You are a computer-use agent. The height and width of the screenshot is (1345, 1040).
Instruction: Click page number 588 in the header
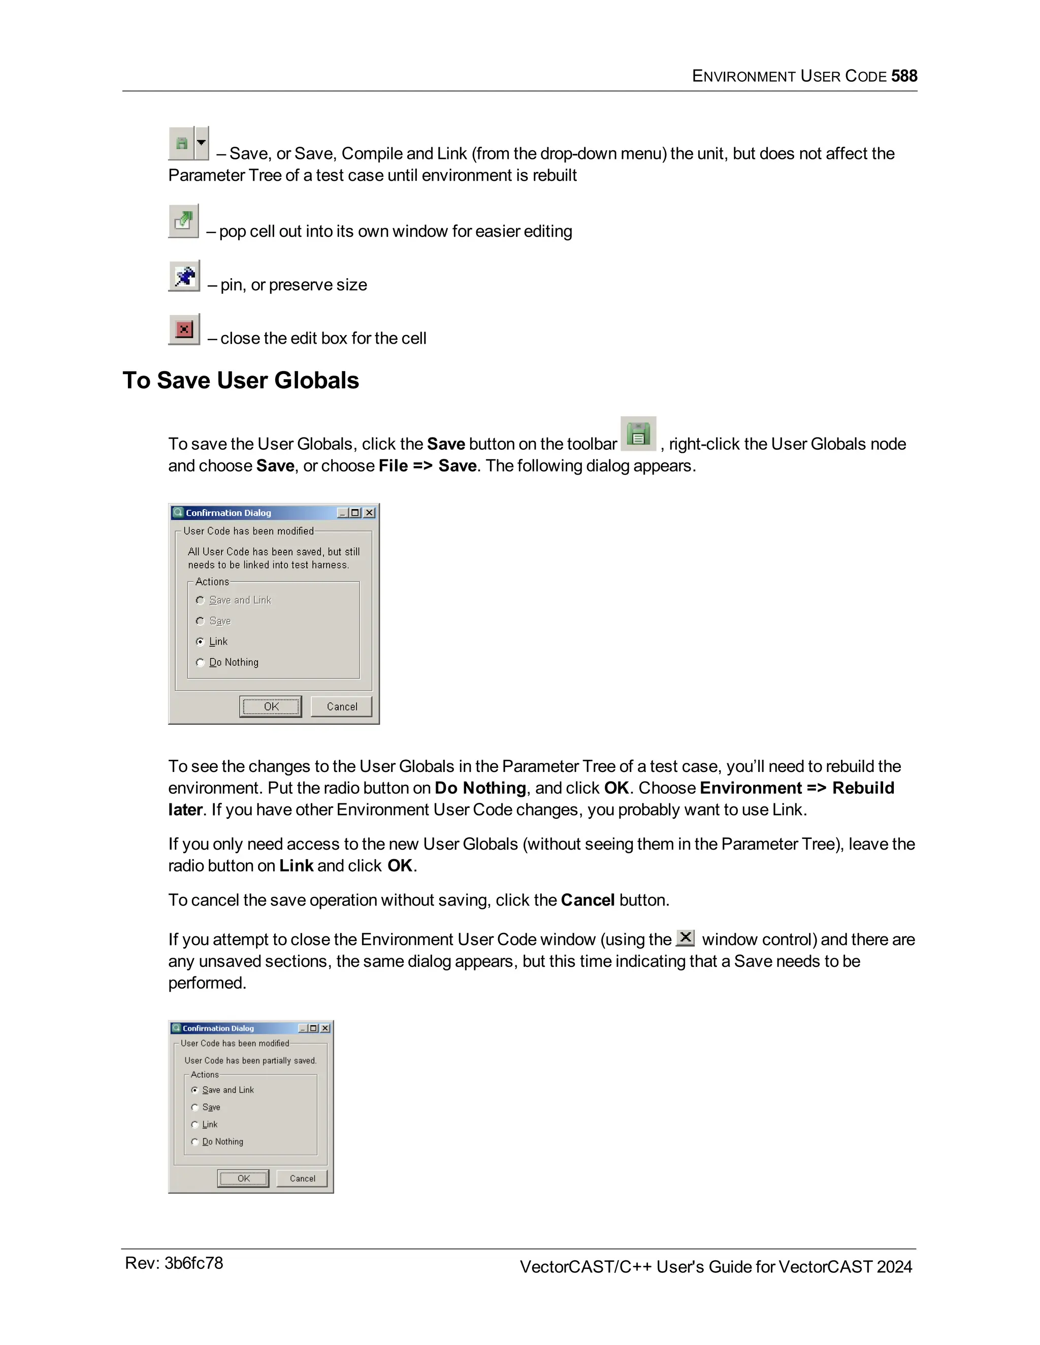pos(904,76)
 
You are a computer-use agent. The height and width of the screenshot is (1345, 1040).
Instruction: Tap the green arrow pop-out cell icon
pos(184,220)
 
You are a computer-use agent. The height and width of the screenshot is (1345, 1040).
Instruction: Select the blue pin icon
pos(184,276)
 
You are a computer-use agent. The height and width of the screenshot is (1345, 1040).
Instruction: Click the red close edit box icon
pos(184,329)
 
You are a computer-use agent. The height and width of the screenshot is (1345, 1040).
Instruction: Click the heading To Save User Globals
pos(240,380)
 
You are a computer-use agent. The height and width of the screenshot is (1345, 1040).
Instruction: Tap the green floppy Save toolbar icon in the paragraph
pos(638,433)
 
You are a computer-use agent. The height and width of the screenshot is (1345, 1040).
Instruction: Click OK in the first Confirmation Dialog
pos(271,707)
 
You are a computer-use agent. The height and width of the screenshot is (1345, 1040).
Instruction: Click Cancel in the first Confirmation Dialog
pos(341,707)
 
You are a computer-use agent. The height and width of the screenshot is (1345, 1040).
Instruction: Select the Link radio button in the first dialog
pos(200,642)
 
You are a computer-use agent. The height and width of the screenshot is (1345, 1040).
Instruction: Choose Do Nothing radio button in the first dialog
pos(200,663)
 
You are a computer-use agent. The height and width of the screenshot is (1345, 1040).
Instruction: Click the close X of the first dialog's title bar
pos(369,513)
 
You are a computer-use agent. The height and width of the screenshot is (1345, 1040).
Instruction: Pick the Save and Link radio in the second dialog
pos(194,1090)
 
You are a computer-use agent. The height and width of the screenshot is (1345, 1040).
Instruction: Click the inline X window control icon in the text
pos(685,938)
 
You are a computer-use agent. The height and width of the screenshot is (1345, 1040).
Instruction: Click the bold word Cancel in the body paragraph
pos(587,900)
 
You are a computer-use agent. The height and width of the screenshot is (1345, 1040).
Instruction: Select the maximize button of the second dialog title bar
pos(314,1028)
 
